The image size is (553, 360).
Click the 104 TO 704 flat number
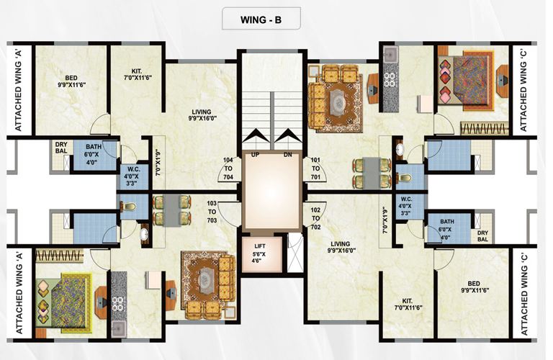pyautogui.click(x=229, y=168)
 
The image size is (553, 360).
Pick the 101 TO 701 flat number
pyautogui.click(x=314, y=168)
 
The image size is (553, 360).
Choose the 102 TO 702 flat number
pyautogui.click(x=314, y=219)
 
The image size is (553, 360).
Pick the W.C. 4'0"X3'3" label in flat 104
pyautogui.click(x=132, y=174)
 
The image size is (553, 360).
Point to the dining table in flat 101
pyautogui.click(x=371, y=173)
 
